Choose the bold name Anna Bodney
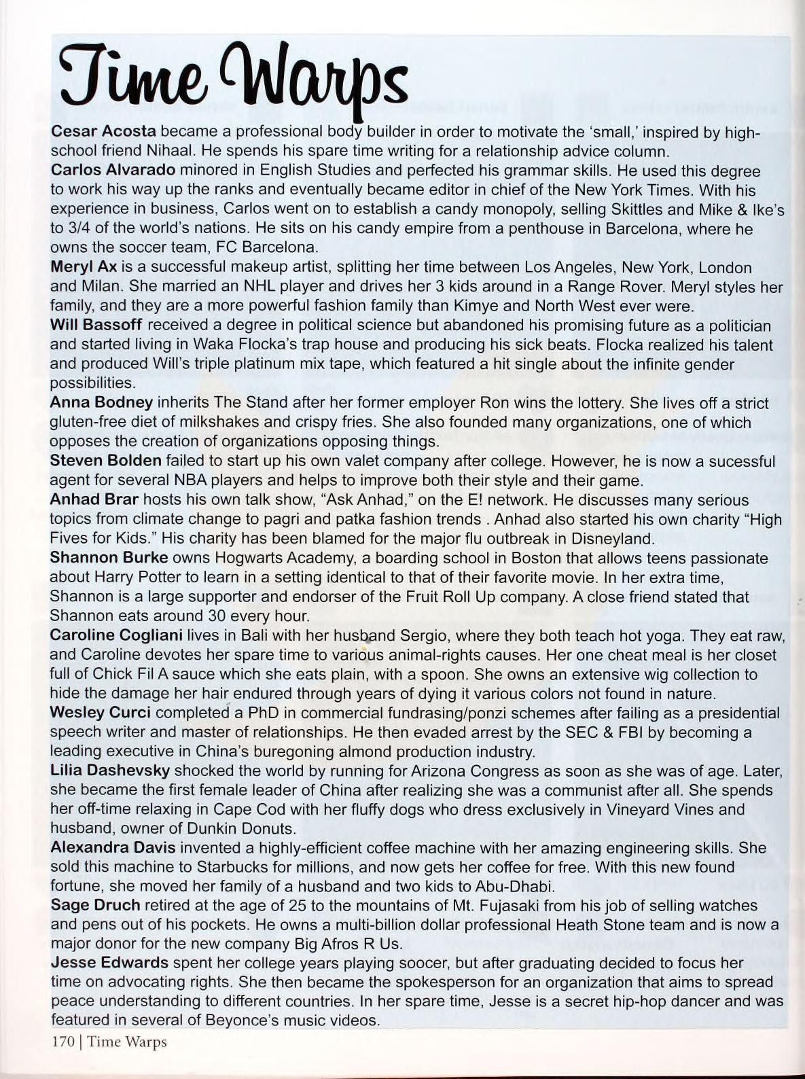pos(101,403)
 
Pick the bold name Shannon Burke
pos(109,558)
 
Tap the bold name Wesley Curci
pos(100,713)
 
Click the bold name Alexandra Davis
pos(113,848)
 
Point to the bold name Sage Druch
pos(95,906)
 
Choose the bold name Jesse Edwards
pos(109,963)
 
